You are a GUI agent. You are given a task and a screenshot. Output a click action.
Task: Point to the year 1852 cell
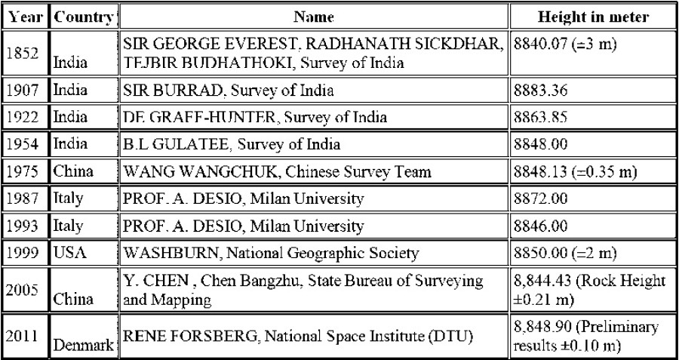[x=26, y=53]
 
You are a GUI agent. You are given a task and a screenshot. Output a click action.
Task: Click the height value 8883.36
[x=540, y=91]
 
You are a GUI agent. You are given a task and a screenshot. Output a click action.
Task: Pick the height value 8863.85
[x=540, y=117]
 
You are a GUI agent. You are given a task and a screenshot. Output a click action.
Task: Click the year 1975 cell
[x=26, y=171]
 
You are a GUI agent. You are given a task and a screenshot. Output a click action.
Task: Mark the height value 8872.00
[x=540, y=198]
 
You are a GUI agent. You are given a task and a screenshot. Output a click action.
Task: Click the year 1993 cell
[x=26, y=226]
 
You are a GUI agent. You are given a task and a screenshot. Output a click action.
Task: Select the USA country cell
[x=70, y=253]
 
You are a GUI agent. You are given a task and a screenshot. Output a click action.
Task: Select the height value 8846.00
[x=540, y=226]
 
